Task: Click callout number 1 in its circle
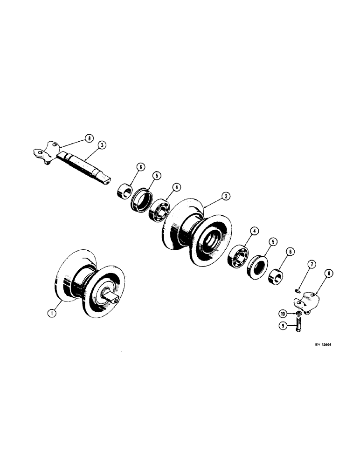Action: [x=53, y=314]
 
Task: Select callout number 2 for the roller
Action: [x=225, y=197]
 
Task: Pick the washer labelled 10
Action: [x=297, y=312]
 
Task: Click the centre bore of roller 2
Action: [x=212, y=243]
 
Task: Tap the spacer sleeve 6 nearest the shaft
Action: [x=124, y=191]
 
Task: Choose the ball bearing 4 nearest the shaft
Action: [x=159, y=211]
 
